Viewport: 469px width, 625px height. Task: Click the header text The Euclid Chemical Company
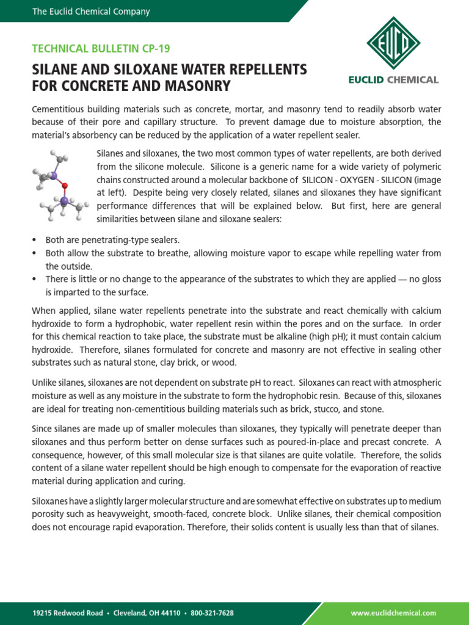point(91,12)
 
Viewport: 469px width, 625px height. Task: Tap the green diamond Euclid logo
point(393,43)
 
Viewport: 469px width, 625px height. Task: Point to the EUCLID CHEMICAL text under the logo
point(393,80)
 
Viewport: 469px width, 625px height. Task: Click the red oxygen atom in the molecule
point(65,185)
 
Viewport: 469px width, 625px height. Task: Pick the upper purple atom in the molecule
point(54,176)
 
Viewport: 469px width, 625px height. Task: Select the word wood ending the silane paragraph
point(225,363)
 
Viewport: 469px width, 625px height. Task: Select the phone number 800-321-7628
point(212,613)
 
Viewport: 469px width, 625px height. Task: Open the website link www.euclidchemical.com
point(394,613)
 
